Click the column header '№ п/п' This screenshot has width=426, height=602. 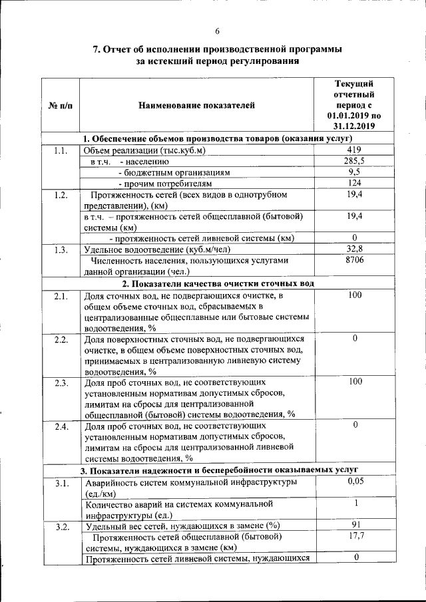pos(61,105)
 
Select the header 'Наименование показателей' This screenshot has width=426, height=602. pos(196,105)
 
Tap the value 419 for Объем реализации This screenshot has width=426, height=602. pos(354,150)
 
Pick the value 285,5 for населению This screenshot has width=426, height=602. pos(354,161)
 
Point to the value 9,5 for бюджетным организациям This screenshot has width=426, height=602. pos(354,172)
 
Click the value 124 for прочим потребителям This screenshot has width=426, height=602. pos(354,183)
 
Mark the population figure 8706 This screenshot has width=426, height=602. pos(354,261)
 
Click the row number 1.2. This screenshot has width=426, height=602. pos(61,195)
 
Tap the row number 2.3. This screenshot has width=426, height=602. pos(61,382)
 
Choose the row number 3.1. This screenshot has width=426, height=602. pos(61,483)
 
